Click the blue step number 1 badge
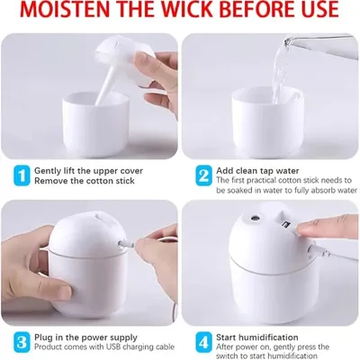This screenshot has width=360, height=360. pos(22,175)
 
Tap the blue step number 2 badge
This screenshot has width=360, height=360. pos(203,175)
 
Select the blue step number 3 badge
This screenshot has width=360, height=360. pos(22,342)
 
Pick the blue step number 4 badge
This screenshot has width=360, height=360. pos(203,342)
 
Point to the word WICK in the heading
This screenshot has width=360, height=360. pos(188,9)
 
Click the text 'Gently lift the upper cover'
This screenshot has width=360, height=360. pos(88,171)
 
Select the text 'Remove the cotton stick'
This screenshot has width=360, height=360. pos(85,181)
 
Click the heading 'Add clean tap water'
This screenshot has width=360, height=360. pos(257,171)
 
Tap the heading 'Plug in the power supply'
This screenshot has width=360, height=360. pos(85,337)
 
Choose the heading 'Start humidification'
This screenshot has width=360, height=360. pos(257,337)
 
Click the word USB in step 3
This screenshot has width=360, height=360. pos(113,347)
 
